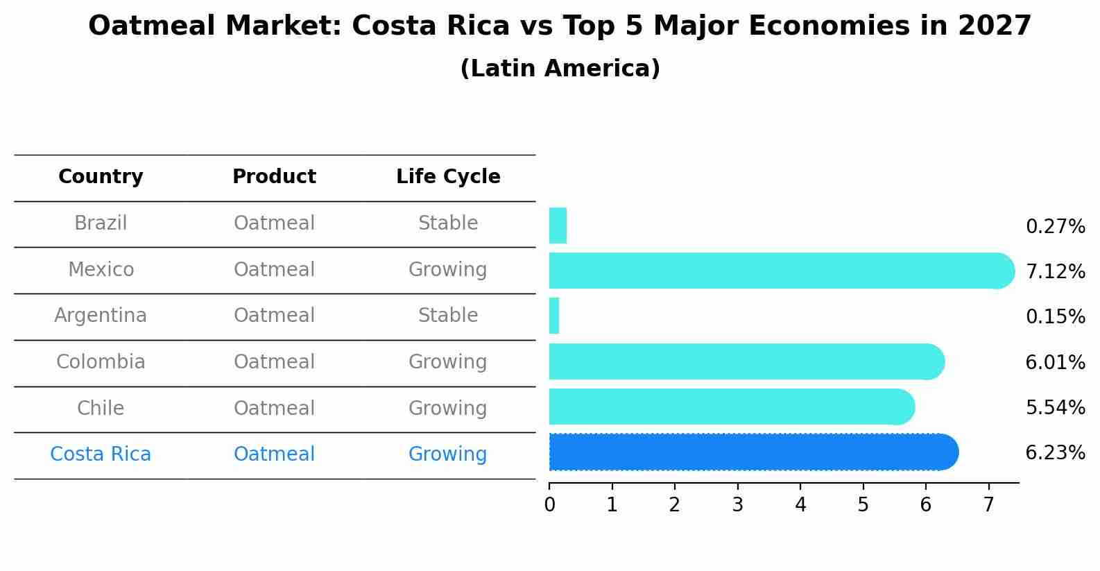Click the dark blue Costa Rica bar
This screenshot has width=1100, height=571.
click(753, 452)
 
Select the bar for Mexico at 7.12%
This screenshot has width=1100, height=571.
click(780, 271)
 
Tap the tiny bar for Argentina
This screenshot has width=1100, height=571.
click(554, 316)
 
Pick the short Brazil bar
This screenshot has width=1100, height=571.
click(558, 225)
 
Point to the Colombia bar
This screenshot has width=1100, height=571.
click(746, 361)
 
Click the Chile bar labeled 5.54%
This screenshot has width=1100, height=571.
click(731, 407)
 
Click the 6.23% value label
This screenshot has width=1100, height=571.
click(1055, 453)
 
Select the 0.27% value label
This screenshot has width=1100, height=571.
click(1055, 227)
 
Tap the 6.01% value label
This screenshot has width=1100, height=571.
click(1055, 362)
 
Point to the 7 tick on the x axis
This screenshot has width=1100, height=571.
click(988, 505)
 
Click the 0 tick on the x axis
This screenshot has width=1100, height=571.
click(549, 505)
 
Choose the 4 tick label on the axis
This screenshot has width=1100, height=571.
click(800, 505)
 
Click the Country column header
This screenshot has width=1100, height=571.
click(101, 177)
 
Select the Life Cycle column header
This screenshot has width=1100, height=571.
click(448, 177)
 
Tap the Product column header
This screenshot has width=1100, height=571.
click(274, 177)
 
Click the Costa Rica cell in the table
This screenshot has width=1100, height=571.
click(101, 454)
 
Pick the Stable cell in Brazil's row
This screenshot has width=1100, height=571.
click(448, 223)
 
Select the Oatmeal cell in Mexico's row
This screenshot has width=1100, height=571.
click(274, 270)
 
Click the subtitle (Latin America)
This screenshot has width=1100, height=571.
click(560, 69)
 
